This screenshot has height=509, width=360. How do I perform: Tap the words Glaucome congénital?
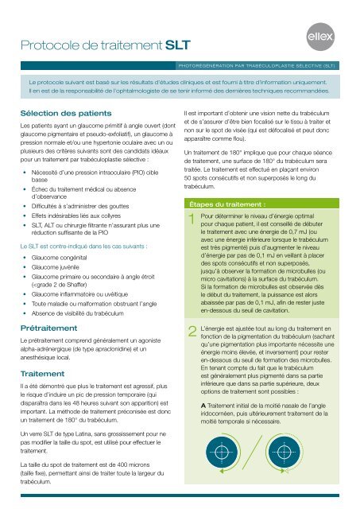point(66,235)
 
